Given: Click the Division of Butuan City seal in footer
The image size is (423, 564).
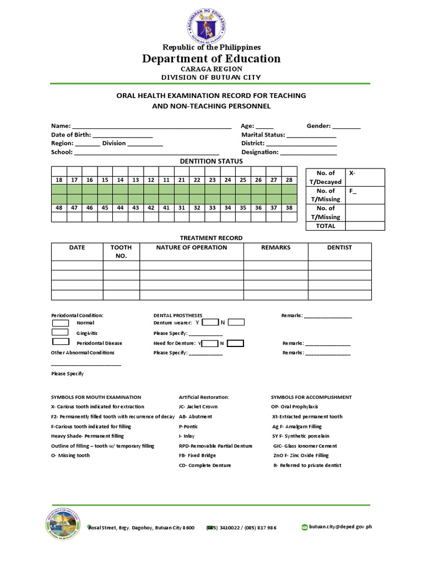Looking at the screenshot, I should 62,526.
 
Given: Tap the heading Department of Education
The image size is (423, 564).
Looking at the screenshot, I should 211,59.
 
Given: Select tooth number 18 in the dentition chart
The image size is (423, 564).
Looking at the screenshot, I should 59,180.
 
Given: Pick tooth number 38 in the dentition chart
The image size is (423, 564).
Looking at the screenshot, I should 289,208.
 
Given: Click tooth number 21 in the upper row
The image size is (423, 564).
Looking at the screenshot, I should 181,180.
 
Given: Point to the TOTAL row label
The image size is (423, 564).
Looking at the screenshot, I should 325,226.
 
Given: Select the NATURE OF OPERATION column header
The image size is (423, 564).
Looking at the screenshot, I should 191,248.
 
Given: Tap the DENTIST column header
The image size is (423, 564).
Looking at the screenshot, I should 339,248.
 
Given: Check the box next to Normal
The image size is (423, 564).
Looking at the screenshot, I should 60,323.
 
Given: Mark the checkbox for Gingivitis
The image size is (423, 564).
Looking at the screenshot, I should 60,333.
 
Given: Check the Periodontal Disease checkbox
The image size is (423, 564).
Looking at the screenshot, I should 60,343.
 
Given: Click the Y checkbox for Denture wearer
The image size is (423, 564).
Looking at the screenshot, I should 210,322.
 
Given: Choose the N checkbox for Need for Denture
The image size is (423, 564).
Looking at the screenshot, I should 236,343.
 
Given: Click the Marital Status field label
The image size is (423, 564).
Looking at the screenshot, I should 263,134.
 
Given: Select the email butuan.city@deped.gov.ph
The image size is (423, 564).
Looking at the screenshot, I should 340,527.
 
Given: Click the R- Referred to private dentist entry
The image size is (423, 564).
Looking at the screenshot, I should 307,465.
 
